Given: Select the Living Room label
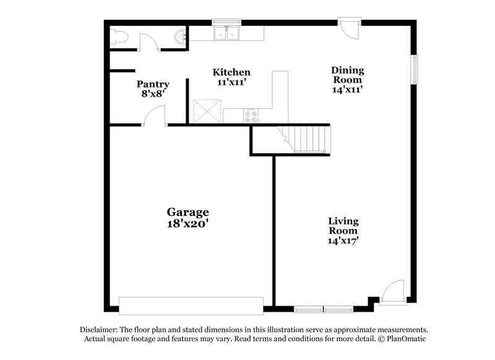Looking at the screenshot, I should (343, 226).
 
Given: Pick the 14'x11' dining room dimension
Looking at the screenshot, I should (347, 89).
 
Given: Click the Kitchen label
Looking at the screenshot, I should (231, 72).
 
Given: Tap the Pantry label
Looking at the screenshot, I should (153, 84).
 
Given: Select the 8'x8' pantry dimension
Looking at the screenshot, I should (153, 95).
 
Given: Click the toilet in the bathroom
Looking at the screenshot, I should (118, 37).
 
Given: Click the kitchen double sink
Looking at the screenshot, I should (226, 33).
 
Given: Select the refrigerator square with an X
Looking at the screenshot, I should (205, 111).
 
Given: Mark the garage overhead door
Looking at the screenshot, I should (191, 306).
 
